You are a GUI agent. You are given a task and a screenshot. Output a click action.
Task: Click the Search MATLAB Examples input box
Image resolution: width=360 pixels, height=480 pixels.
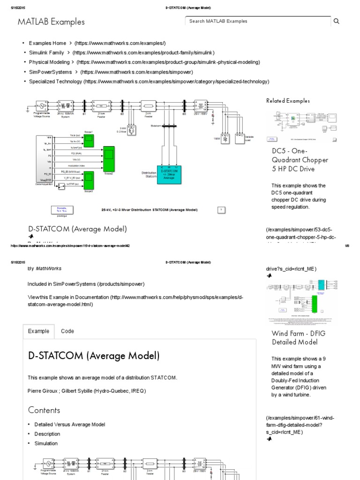(258, 21)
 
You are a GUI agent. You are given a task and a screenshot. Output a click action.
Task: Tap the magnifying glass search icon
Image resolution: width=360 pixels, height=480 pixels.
(336, 21)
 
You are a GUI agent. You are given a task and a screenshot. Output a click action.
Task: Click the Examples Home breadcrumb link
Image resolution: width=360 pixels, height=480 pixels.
(47, 43)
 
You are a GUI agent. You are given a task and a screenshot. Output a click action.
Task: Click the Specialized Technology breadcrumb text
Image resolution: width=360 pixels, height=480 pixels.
(55, 82)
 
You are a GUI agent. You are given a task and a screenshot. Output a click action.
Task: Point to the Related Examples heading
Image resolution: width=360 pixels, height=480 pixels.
(288, 101)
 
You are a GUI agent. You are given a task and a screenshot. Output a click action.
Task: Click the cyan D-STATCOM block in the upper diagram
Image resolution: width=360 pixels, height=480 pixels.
(168, 174)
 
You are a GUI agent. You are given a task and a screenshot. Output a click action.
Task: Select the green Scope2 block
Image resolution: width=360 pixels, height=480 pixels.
(109, 158)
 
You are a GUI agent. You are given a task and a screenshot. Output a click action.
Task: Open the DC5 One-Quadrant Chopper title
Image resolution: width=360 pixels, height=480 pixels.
(300, 160)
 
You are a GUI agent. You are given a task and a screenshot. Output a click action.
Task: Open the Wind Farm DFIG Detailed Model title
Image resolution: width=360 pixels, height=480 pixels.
(298, 338)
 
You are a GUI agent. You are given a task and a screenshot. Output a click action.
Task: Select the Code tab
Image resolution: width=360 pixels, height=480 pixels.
(67, 331)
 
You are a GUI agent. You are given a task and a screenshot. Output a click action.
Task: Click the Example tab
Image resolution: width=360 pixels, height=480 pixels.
(38, 331)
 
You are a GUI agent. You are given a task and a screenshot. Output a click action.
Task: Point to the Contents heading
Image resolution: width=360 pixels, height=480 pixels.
(44, 410)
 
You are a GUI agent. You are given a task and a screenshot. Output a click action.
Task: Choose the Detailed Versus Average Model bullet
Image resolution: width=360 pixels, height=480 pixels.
(69, 425)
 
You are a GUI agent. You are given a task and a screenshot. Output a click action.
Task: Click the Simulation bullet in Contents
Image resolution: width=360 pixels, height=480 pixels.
(46, 443)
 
